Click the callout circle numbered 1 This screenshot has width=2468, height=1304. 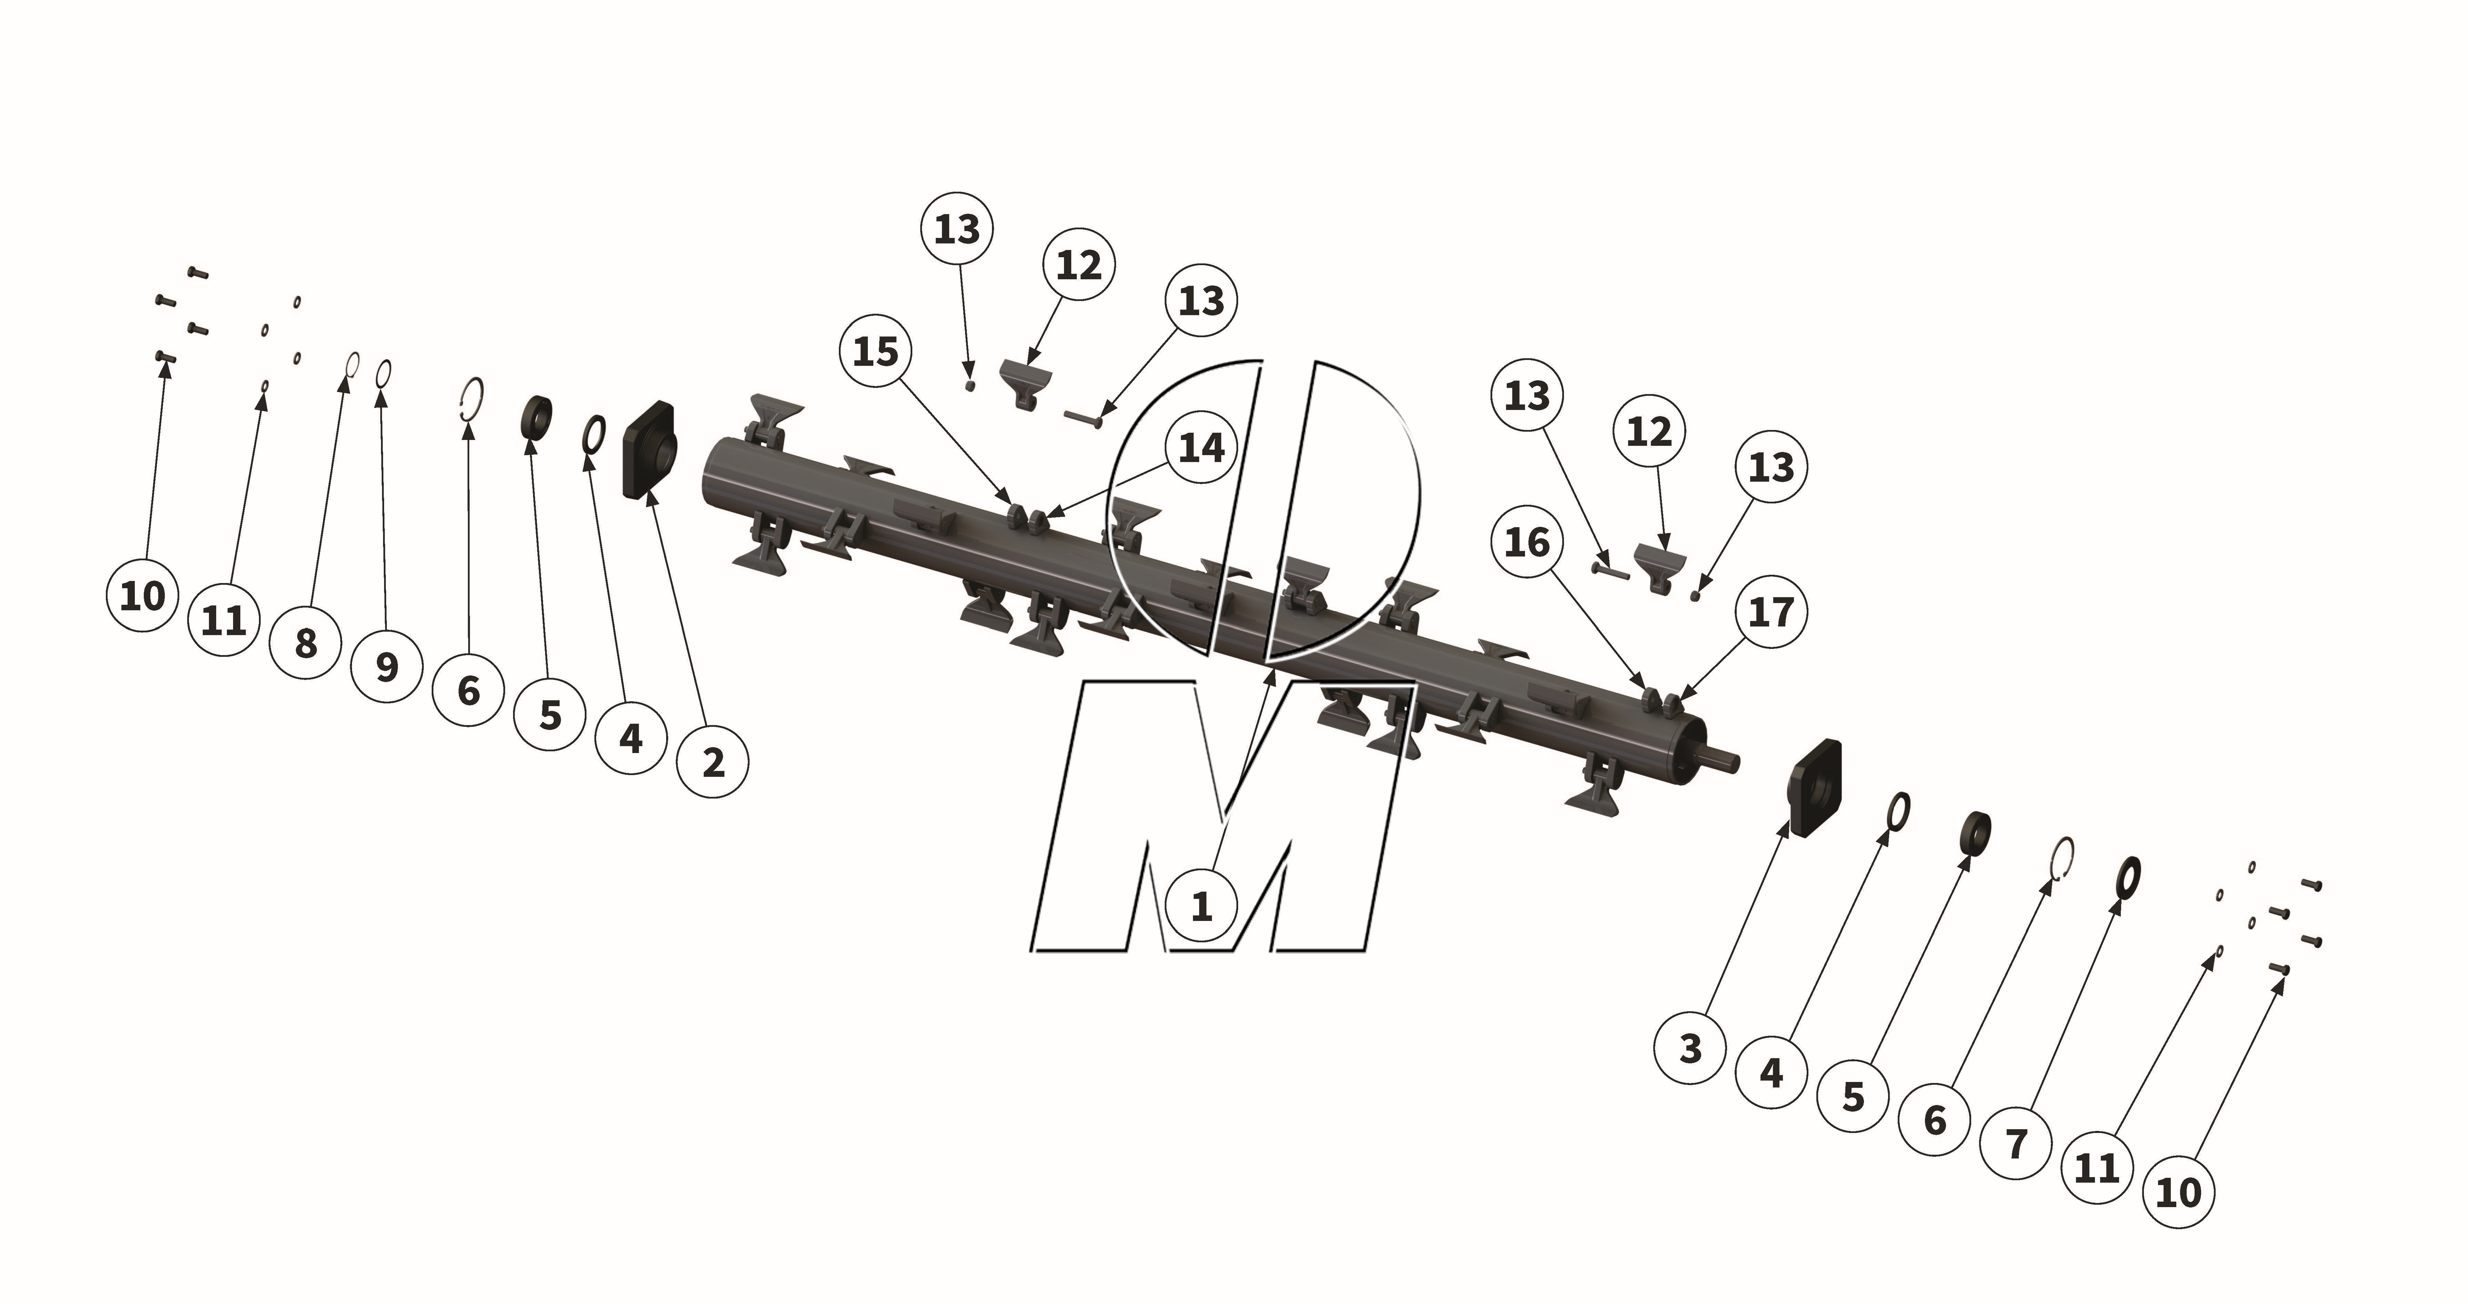tap(1202, 905)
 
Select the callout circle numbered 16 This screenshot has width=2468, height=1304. tap(1527, 542)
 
